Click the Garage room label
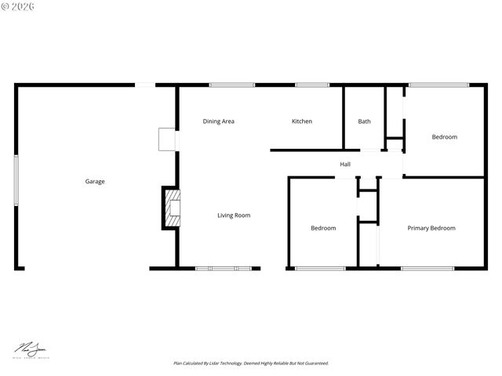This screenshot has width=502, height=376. coord(95,181)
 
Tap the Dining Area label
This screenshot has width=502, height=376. coord(218,121)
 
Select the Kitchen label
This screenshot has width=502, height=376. coord(302,121)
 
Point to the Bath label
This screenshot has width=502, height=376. coord(365,121)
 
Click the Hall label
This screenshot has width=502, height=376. coord(345,164)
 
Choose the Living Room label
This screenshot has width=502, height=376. coord(234,215)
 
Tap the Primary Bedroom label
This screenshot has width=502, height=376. coord(431,228)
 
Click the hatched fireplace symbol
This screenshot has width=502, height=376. coord(171,208)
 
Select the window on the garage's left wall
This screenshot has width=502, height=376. coord(16,180)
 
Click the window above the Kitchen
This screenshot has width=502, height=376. coord(312,85)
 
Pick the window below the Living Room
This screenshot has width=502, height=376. coord(224,269)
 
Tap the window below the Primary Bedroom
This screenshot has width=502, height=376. coord(427,269)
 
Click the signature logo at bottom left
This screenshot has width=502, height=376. coord(30,349)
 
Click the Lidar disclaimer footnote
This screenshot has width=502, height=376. coord(251,363)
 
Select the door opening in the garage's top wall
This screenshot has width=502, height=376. coord(145,85)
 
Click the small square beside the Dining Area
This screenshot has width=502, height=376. coord(167,139)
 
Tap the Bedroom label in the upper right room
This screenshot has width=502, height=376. coord(445,137)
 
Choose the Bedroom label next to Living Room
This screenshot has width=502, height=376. coord(323,228)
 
